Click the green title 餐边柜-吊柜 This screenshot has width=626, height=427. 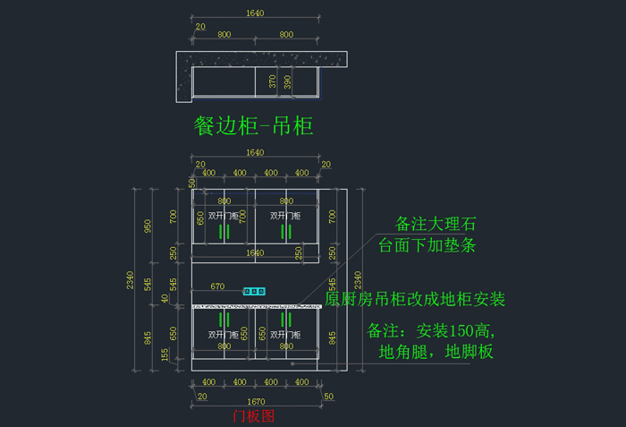tap(254, 125)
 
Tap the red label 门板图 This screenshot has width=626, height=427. tap(254, 415)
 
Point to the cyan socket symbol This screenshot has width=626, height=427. tap(255, 291)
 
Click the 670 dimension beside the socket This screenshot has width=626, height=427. tap(217, 287)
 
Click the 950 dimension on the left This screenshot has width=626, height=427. tap(148, 225)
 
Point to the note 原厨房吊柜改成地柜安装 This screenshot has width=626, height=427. tap(415, 298)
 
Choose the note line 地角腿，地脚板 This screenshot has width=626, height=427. tap(436, 351)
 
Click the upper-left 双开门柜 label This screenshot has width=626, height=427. tap(224, 216)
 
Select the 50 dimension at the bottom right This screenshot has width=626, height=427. tap(329, 396)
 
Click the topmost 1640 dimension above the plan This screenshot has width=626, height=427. tap(255, 13)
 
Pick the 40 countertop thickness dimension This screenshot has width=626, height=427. tap(164, 298)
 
